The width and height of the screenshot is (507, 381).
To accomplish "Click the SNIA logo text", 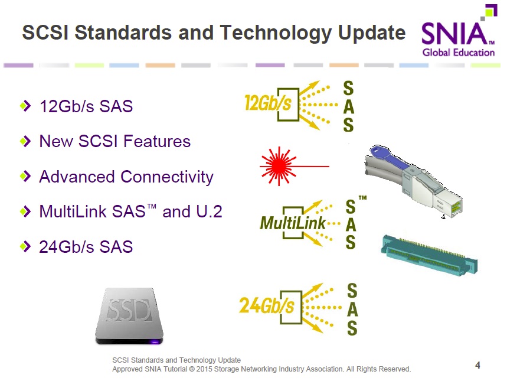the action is click(455, 33).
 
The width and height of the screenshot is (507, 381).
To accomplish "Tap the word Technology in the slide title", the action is click(276, 32).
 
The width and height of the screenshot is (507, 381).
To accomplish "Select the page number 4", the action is click(477, 365).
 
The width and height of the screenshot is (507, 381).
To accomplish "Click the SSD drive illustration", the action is click(129, 316).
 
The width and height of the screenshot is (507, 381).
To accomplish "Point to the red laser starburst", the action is click(279, 166).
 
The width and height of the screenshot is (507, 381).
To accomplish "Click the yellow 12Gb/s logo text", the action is click(268, 103).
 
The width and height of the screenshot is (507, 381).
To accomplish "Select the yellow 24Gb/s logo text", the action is click(266, 306).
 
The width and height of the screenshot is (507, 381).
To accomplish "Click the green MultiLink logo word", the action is click(293, 223).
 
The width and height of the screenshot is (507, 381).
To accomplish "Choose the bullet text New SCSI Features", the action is click(115, 141).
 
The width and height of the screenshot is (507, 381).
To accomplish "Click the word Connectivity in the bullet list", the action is click(167, 177).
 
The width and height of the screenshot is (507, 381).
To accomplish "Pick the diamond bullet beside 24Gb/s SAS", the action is click(25, 246).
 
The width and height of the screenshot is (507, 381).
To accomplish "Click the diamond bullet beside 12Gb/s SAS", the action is click(25, 106).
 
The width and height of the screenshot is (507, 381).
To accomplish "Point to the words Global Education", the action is click(459, 53).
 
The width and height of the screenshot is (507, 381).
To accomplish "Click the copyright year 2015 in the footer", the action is click(204, 369).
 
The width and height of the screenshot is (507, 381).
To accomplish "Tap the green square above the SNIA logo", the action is click(491, 11).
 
